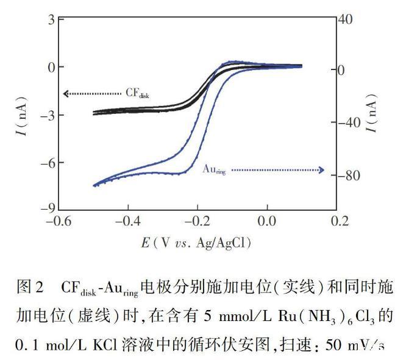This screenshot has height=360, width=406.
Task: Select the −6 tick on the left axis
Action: (49, 163)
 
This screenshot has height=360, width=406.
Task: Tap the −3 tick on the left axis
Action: (49, 115)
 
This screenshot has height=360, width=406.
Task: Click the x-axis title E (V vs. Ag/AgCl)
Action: (195, 242)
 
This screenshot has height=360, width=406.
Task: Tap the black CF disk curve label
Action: (138, 93)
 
